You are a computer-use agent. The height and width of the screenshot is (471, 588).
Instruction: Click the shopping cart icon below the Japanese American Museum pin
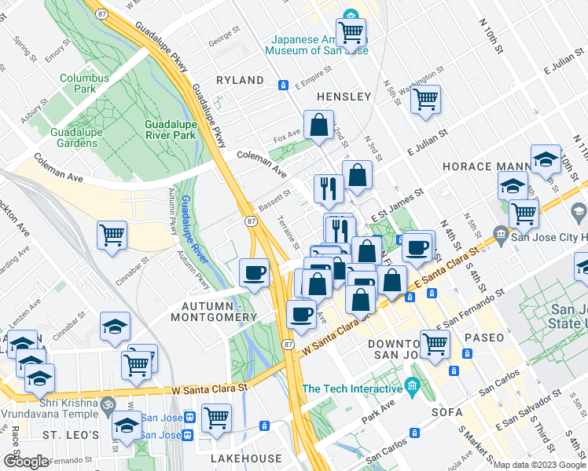(x=351, y=32)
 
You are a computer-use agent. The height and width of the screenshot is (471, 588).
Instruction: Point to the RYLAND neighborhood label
(x=240, y=80)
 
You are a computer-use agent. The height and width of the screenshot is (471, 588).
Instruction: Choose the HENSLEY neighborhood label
(x=343, y=96)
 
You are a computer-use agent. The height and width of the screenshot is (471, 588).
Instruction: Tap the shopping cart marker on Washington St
(x=425, y=99)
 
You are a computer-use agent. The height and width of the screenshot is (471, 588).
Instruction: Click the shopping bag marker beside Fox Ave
(x=318, y=125)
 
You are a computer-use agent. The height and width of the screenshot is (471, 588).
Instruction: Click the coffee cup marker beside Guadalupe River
(x=254, y=272)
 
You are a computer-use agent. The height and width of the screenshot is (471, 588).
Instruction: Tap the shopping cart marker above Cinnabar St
(x=112, y=234)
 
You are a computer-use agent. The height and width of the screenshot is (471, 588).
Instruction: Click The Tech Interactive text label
(x=352, y=389)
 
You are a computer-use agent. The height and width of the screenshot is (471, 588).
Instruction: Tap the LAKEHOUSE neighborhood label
(x=245, y=458)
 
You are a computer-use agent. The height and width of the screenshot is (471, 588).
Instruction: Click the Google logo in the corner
(x=26, y=462)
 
